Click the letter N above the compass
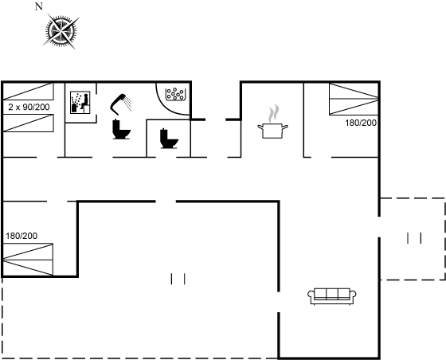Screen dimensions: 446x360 39,6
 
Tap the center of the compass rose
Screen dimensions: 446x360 61,31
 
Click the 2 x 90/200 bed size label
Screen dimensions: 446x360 29,107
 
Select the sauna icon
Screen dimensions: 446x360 80,103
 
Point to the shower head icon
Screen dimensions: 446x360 120,104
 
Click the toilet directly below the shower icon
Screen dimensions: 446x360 121,129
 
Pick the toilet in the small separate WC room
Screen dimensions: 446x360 169,139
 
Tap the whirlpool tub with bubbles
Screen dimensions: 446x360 175,94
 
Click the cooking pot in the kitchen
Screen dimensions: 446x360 272,131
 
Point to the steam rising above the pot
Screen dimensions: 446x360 273,113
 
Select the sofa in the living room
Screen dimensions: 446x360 332,296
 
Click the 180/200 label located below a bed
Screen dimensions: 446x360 361,123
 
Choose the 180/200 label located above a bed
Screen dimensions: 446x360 22,236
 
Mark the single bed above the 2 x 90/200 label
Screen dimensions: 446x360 28,92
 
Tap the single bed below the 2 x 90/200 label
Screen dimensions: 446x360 28,123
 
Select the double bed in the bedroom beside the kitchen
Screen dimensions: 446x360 354,99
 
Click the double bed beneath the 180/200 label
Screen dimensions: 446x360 28,260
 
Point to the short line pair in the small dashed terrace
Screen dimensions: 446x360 414,238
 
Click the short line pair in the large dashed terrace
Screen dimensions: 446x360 178,279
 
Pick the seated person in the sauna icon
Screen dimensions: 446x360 84,102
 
